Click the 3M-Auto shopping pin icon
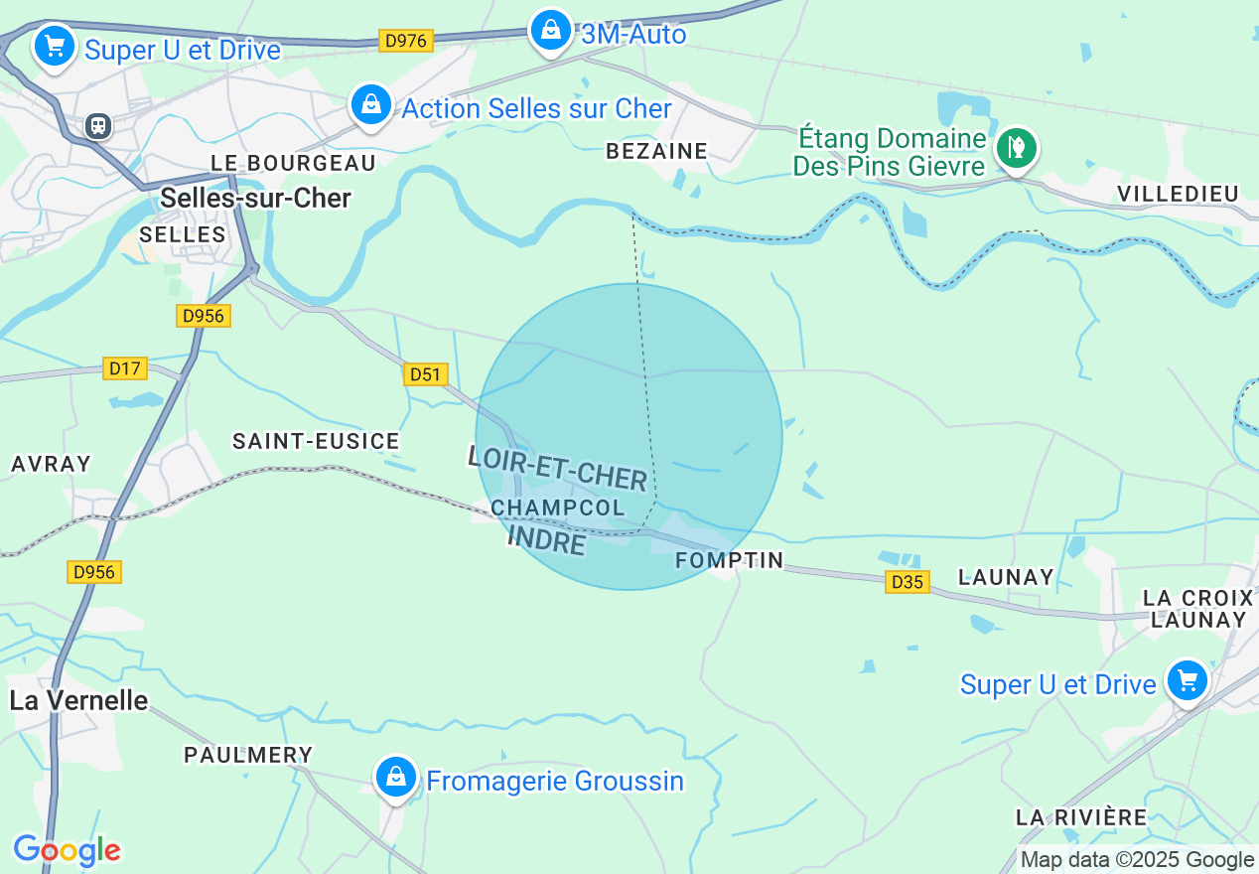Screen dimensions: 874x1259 tap(550, 31)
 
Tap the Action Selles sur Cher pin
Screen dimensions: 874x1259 tap(370, 104)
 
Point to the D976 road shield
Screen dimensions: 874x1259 tap(405, 41)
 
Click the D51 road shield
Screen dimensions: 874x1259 tap(426, 374)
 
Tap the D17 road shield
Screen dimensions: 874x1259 tap(125, 368)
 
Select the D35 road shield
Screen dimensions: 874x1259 tap(908, 582)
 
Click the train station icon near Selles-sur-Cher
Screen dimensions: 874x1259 tap(97, 126)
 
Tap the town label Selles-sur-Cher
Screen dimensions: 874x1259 tap(255, 198)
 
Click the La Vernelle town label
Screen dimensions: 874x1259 tap(78, 700)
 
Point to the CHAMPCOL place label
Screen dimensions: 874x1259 tap(558, 508)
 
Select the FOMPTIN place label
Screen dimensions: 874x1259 tap(730, 560)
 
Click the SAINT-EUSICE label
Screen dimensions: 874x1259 tap(316, 441)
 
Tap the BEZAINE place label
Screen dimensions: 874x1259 tap(656, 151)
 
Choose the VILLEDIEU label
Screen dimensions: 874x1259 tap(1179, 194)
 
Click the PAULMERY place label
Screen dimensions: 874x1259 tap(248, 755)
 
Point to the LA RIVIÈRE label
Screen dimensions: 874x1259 tap(1081, 817)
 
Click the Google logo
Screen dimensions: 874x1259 tap(67, 850)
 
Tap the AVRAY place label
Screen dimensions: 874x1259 tap(51, 464)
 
